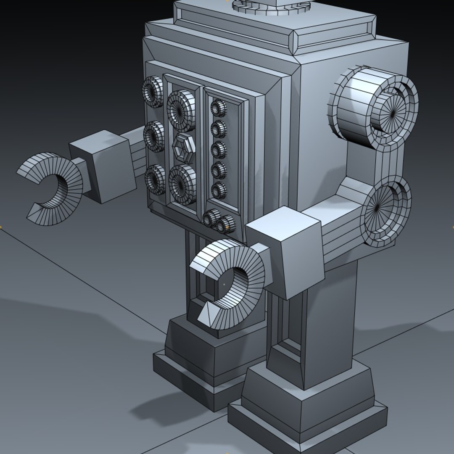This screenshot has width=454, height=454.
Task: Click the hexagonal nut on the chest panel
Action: click(184, 148)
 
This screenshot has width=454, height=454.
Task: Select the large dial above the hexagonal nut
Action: click(181, 110)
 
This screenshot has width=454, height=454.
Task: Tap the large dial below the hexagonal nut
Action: click(182, 184)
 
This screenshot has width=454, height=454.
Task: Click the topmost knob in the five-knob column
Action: click(218, 108)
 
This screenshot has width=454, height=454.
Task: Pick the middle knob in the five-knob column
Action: click(219, 149)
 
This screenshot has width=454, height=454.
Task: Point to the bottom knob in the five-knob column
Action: click(219, 190)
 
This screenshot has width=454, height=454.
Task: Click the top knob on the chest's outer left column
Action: click(152, 91)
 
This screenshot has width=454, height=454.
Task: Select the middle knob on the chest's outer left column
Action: click(154, 136)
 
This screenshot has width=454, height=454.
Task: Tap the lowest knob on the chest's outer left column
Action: click(155, 179)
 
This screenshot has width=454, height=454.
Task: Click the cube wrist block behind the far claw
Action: click(103, 166)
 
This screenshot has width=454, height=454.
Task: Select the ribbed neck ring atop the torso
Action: click(271, 6)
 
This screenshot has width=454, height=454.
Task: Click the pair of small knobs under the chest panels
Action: click(219, 221)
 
